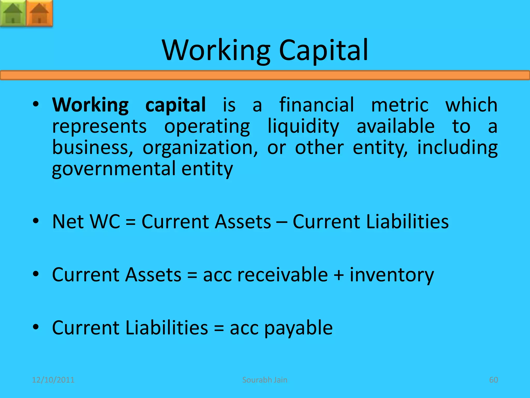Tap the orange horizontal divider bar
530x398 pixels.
pyautogui.click(x=265, y=75)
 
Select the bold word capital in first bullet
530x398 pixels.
pyautogui.click(x=175, y=105)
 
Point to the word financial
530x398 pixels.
pyautogui.click(x=316, y=105)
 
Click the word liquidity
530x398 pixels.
pyautogui.click(x=303, y=126)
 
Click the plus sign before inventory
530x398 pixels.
pyautogui.click(x=339, y=275)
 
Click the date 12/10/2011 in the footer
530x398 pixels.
pyautogui.click(x=53, y=380)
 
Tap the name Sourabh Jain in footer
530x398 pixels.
pyautogui.click(x=265, y=380)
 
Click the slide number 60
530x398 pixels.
pyautogui.click(x=494, y=380)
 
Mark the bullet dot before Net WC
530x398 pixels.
pyautogui.click(x=36, y=221)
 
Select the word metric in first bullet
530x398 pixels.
pyautogui.click(x=400, y=105)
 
